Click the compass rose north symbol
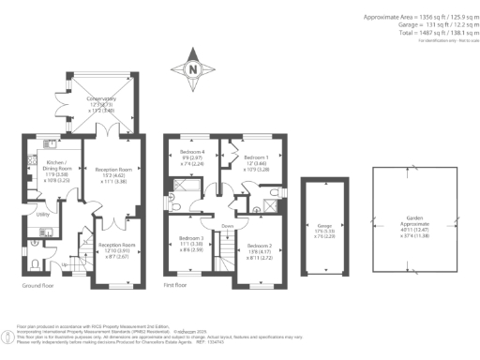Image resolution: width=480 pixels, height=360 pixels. tap(192, 68)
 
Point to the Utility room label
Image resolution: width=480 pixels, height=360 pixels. tap(42, 215)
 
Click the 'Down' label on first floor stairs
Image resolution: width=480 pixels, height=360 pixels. tap(227, 226)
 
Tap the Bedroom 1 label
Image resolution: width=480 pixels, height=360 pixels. tap(256, 157)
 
